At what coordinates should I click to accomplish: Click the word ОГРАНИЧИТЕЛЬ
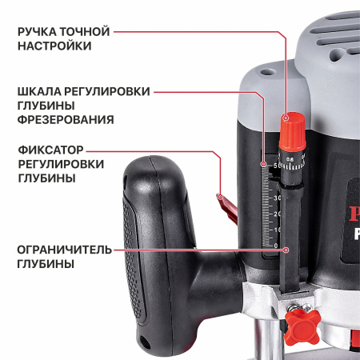(x=63, y=248)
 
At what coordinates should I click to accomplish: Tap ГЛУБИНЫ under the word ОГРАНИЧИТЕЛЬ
(x=46, y=263)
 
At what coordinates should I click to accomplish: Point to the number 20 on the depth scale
(x=277, y=213)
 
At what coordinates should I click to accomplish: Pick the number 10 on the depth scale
(x=277, y=230)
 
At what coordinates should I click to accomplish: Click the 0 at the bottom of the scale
(x=277, y=246)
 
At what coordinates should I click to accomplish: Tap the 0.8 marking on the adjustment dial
(x=290, y=160)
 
